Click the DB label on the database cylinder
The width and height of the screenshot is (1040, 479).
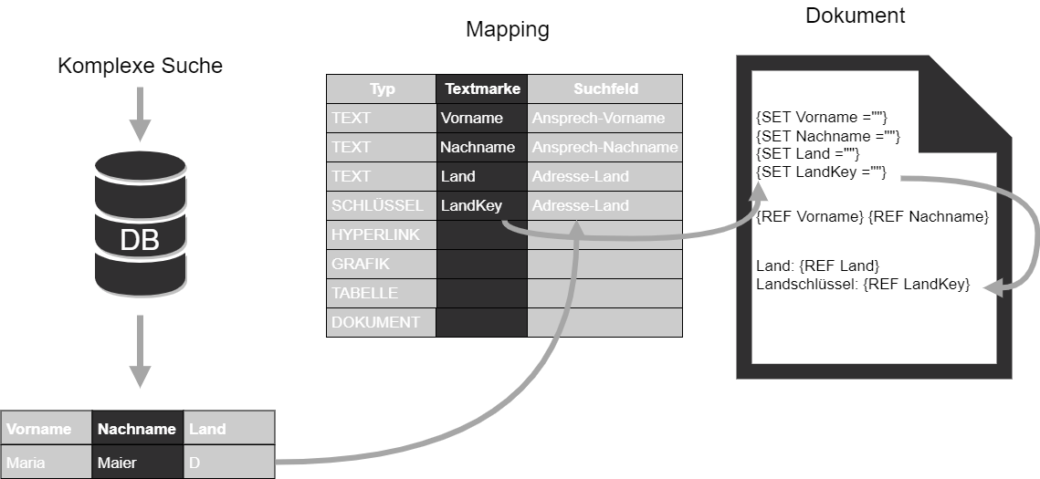[x=140, y=240]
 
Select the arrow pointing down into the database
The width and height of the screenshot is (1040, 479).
[x=140, y=114]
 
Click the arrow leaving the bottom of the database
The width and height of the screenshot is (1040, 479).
[x=140, y=351]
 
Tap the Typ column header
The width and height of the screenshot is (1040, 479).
[x=382, y=89]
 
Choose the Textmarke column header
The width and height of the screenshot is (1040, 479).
[x=482, y=89]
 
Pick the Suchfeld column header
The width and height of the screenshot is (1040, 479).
[x=605, y=89]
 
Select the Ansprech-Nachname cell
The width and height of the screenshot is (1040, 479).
[x=604, y=147]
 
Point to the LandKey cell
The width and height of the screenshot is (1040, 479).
[x=472, y=205]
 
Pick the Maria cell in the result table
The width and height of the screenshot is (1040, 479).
[x=46, y=462]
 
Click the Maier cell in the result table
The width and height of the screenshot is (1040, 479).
[x=137, y=462]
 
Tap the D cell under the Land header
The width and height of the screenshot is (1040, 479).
[x=228, y=462]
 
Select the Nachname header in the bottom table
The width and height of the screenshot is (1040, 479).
[x=137, y=429]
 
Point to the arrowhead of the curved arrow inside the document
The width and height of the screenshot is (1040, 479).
[x=992, y=288]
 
